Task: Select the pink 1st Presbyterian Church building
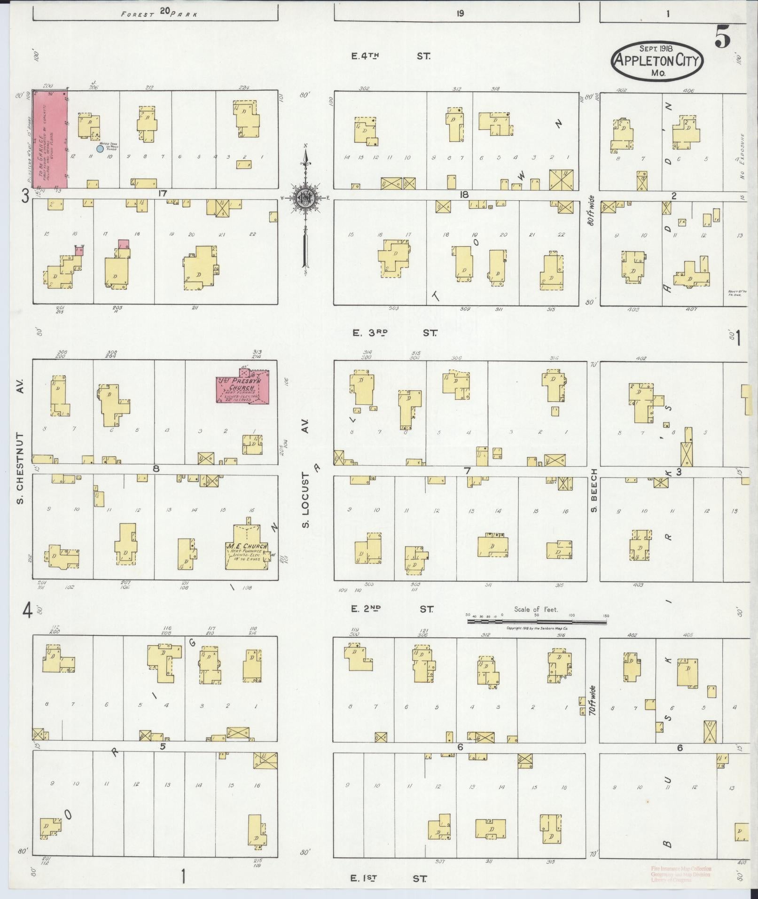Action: coord(242,389)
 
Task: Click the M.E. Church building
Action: coord(247,551)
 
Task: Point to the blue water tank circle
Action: coord(100,149)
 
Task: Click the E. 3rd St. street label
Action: coord(394,333)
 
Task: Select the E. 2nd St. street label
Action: coord(392,609)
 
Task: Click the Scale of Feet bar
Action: coord(536,621)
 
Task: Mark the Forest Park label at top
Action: coord(160,13)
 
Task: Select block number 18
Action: coord(464,194)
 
